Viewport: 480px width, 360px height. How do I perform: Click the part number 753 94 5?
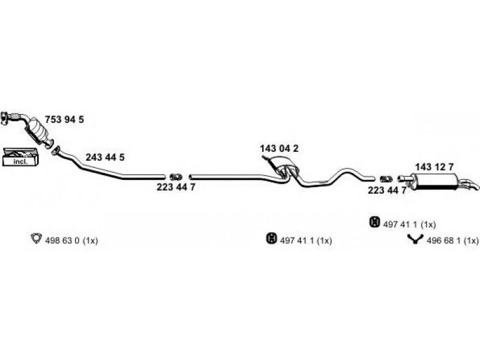pyautogui.click(x=64, y=119)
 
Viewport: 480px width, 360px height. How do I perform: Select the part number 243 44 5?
pyautogui.click(x=105, y=157)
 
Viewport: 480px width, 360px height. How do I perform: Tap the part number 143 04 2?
pyautogui.click(x=279, y=148)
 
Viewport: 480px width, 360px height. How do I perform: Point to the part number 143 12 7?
pyautogui.click(x=435, y=167)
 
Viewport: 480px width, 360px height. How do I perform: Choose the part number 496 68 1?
pyautogui.click(x=443, y=241)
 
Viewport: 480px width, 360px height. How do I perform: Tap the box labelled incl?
pyautogui.click(x=20, y=157)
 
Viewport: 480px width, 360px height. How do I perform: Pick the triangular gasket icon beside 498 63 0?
pyautogui.click(x=35, y=240)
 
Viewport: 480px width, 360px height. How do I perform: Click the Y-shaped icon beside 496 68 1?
pyautogui.click(x=414, y=241)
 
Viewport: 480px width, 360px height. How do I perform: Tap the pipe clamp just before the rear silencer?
pyautogui.click(x=386, y=178)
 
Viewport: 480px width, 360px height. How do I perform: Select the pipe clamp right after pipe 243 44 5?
pyautogui.click(x=176, y=176)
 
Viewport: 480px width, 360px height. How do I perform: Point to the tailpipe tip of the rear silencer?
pyautogui.click(x=473, y=187)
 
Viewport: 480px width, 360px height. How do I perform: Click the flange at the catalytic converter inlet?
pyautogui.click(x=5, y=117)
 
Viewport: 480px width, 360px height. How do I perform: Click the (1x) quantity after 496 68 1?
pyautogui.click(x=469, y=241)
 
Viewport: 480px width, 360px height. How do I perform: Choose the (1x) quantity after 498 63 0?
pyautogui.click(x=90, y=241)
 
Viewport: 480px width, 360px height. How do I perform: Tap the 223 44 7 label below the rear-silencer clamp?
pyautogui.click(x=387, y=190)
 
